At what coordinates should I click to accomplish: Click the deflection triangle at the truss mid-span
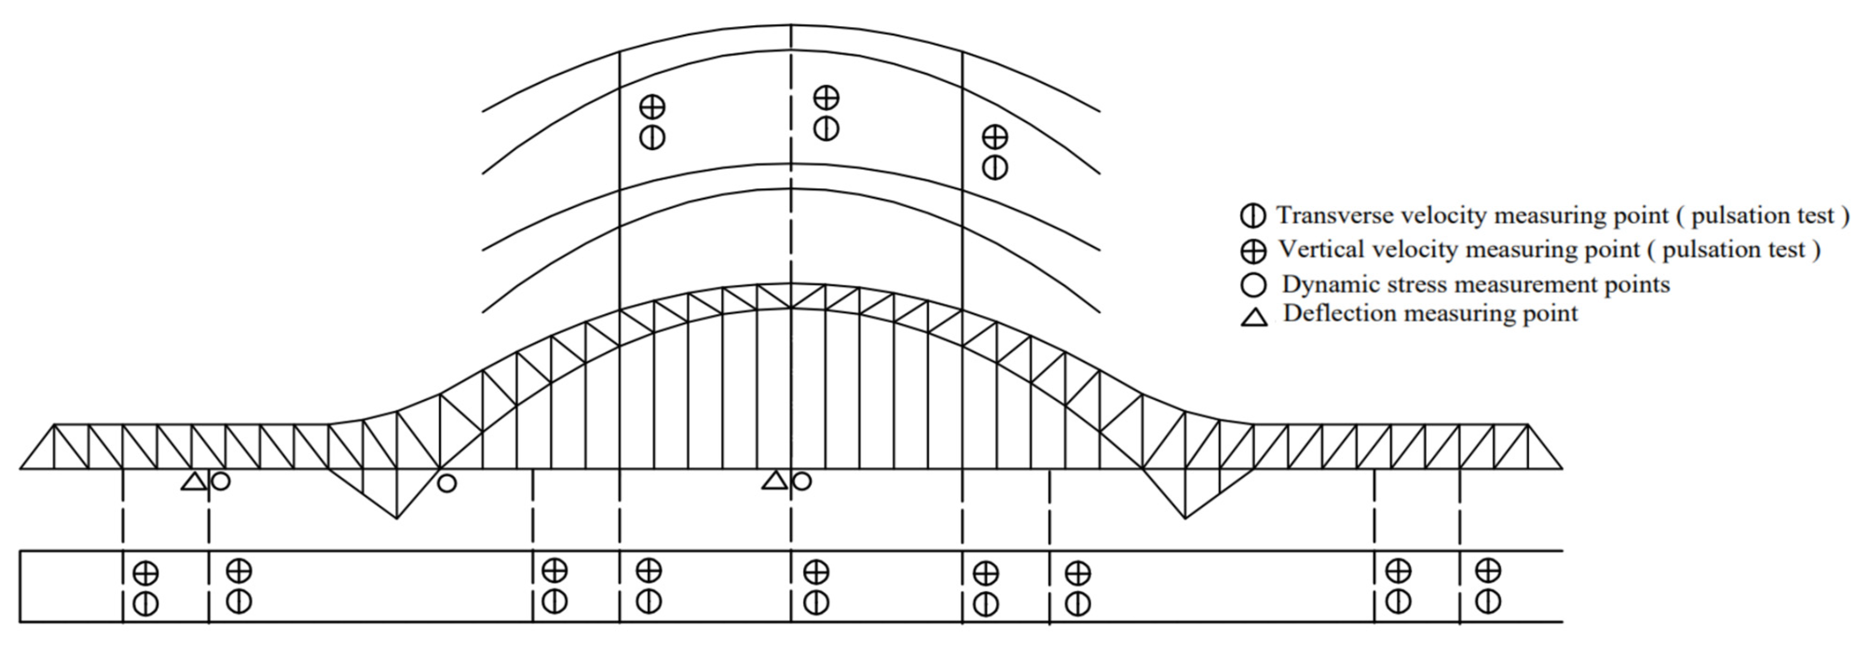pyautogui.click(x=775, y=480)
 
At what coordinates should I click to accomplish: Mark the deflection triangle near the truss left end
pyautogui.click(x=193, y=481)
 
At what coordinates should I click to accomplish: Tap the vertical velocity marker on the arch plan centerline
pyautogui.click(x=826, y=97)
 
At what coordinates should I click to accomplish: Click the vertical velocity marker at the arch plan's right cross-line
pyautogui.click(x=995, y=136)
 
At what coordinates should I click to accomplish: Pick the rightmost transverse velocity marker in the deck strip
pyautogui.click(x=1487, y=601)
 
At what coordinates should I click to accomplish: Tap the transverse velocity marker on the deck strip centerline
pyautogui.click(x=816, y=602)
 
